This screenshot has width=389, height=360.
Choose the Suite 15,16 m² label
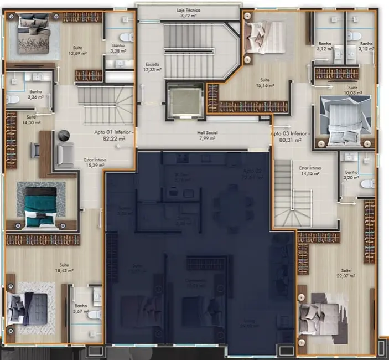click(x=266, y=83)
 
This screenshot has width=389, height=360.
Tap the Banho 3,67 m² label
click(x=81, y=308)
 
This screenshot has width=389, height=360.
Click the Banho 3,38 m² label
click(x=118, y=48)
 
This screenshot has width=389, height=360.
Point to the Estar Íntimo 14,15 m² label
click(x=310, y=170)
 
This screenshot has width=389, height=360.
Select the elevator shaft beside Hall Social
click(x=182, y=101)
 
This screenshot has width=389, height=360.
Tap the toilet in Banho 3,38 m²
click(x=127, y=37)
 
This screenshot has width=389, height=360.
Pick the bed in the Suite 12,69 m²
click(x=34, y=33)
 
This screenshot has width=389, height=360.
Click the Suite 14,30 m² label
click(x=30, y=120)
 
